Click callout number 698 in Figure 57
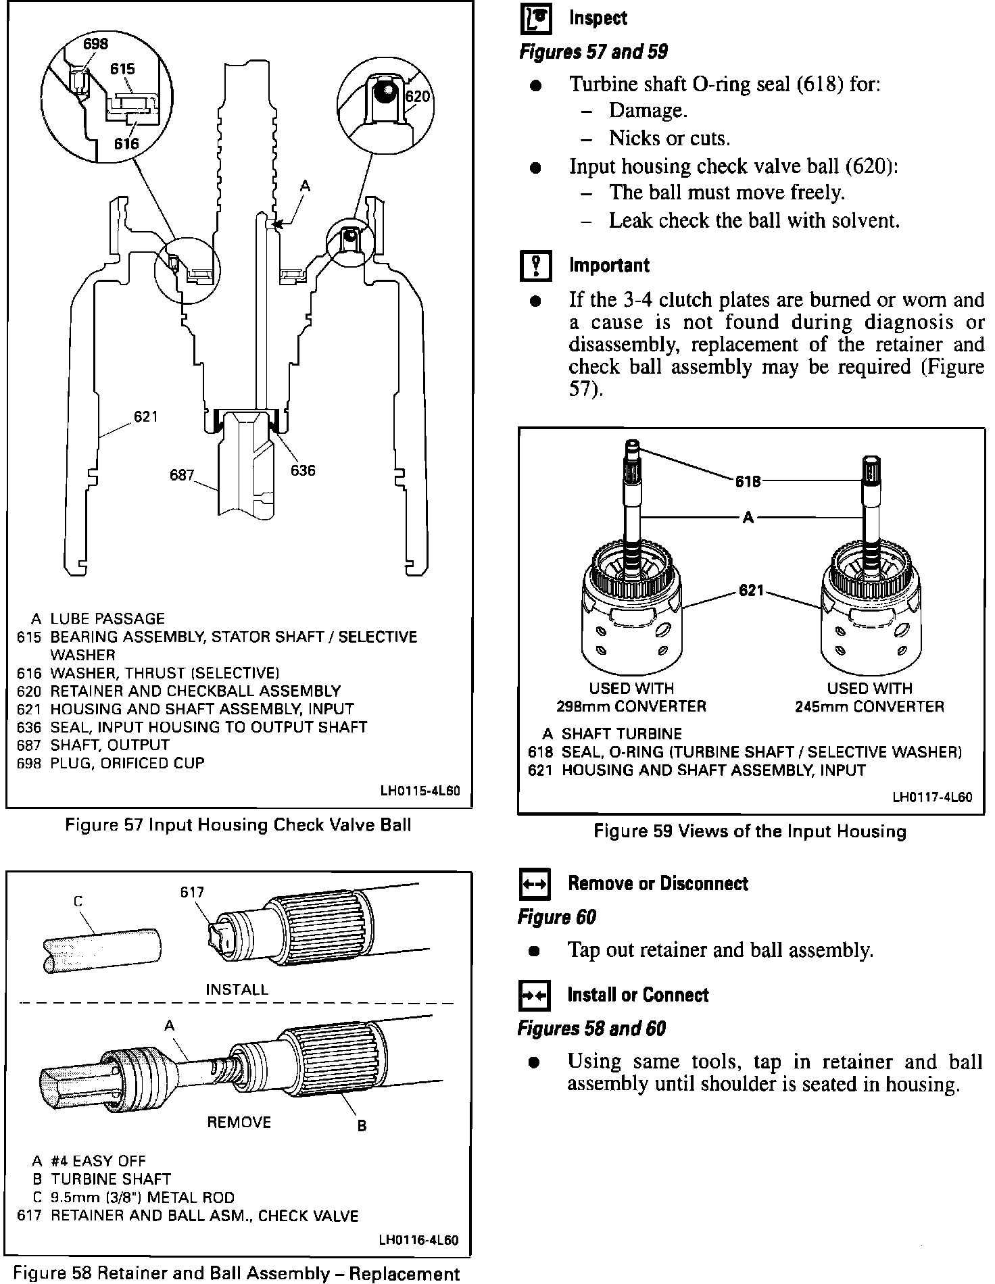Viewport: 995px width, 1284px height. [95, 44]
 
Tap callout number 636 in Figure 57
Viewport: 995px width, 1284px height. [303, 470]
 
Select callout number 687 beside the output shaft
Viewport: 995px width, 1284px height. [182, 475]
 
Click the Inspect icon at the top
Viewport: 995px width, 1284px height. [536, 20]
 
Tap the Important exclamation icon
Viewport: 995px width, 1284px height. [536, 266]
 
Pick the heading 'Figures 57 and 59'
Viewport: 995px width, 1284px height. [593, 52]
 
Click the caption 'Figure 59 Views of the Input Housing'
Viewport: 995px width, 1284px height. [750, 831]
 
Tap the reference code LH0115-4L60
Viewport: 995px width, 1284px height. [420, 791]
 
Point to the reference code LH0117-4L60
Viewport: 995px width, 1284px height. [932, 797]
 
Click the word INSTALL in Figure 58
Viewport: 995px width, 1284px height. [237, 989]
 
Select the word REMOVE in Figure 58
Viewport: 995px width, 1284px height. [239, 1122]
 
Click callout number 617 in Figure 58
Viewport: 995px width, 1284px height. [192, 892]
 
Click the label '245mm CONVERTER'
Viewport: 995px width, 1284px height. [869, 707]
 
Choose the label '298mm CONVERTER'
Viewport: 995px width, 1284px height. [631, 707]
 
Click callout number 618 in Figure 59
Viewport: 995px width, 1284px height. [748, 481]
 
